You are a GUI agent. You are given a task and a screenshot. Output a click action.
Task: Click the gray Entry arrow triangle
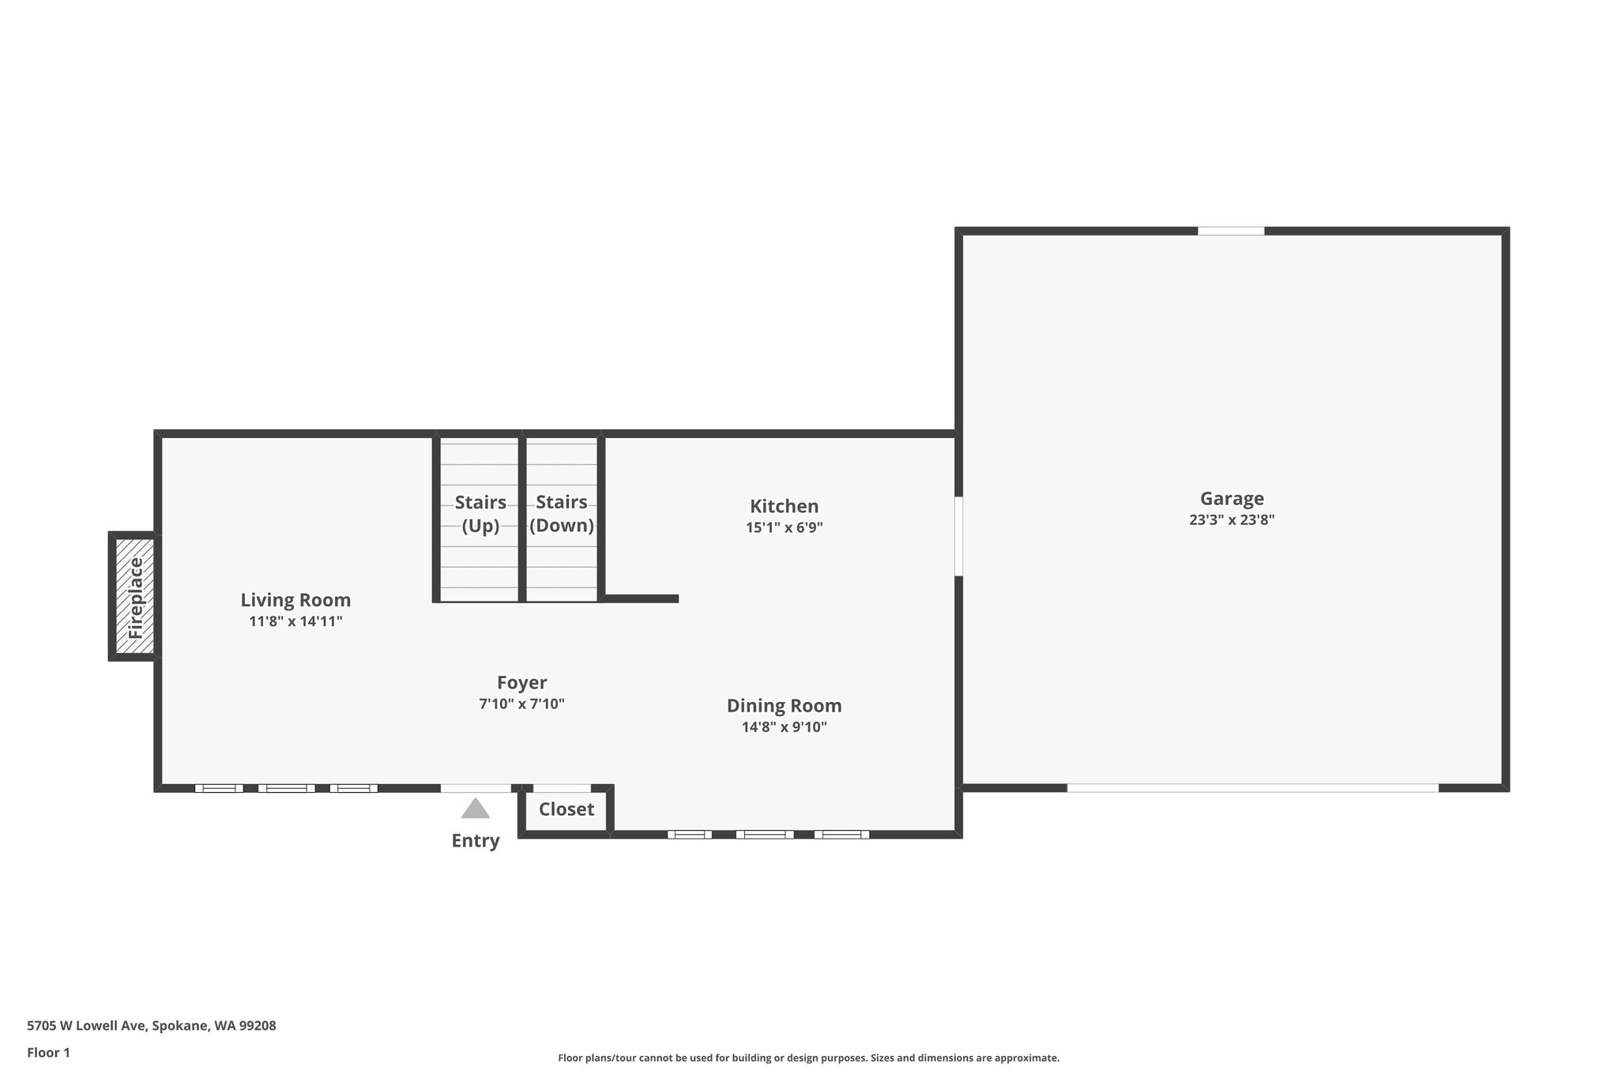[x=475, y=809]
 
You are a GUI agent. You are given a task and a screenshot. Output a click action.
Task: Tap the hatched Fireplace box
[x=135, y=597]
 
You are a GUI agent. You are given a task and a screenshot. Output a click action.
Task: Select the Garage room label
[x=1232, y=499]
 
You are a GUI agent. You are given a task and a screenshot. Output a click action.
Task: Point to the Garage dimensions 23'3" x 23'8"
[x=1232, y=520]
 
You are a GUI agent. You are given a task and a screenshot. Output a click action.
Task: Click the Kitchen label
[x=784, y=506]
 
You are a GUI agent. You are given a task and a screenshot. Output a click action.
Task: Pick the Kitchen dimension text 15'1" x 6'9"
[x=784, y=527]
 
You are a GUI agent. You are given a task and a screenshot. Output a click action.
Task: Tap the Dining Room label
[x=784, y=705]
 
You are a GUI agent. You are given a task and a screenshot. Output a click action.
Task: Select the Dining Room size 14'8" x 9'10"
[x=784, y=727]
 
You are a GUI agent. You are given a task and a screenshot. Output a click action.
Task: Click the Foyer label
[x=521, y=683]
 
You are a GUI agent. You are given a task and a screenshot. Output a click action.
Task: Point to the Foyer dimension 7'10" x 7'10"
[x=521, y=704]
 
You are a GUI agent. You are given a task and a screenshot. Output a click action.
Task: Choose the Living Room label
[x=295, y=600]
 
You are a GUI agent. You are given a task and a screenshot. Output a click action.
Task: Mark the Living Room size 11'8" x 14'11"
[x=295, y=621]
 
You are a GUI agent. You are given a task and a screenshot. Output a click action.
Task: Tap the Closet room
[x=566, y=809]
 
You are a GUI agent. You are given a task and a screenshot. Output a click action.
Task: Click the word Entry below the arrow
[x=475, y=841]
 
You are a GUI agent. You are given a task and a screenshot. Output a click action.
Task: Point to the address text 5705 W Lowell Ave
[x=86, y=1026]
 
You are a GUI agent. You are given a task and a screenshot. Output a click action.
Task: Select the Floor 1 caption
[x=48, y=1053]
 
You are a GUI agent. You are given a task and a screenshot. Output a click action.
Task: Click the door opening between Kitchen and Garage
[x=958, y=536]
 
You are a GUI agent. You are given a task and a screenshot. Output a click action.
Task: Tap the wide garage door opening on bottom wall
[x=1252, y=788]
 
